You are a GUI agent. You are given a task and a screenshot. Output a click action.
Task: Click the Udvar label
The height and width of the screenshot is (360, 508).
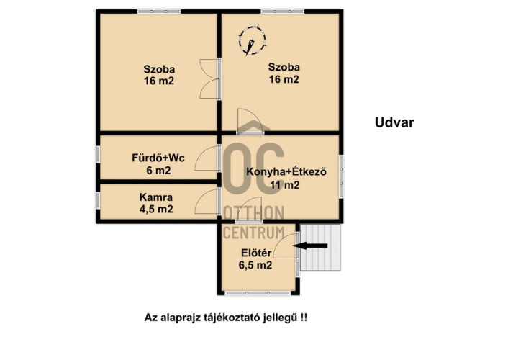tap(394, 122)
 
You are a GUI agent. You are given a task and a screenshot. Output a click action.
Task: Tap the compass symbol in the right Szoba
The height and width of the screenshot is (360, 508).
tap(252, 40)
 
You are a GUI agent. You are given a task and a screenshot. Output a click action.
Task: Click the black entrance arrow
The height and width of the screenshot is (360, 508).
tap(310, 246)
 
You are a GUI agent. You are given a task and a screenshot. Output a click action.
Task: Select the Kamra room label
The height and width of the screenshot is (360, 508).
tap(156, 197)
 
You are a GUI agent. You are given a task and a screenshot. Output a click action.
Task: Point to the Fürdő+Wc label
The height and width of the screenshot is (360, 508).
tap(158, 158)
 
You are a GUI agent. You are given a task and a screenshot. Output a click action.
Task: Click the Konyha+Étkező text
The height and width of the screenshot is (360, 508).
tap(286, 171)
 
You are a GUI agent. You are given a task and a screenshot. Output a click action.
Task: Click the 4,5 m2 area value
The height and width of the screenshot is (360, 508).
tap(156, 210)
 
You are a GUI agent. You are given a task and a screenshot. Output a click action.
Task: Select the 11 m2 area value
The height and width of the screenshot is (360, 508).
tap(285, 185)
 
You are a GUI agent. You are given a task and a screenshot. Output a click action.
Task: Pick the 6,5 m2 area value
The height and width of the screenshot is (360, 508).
tap(255, 265)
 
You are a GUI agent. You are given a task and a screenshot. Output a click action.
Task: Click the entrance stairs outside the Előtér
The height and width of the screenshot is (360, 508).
tap(320, 247)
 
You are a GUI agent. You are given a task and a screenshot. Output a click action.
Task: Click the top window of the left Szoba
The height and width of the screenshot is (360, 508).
tap(159, 12)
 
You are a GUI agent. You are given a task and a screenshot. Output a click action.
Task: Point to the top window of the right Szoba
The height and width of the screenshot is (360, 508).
tap(283, 12)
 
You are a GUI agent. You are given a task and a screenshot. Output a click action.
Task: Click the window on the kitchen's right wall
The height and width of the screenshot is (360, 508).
tap(341, 176)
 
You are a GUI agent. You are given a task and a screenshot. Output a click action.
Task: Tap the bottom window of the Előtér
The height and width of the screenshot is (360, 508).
tap(258, 293)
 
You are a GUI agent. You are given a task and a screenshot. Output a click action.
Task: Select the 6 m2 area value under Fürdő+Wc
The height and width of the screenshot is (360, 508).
tap(158, 170)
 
